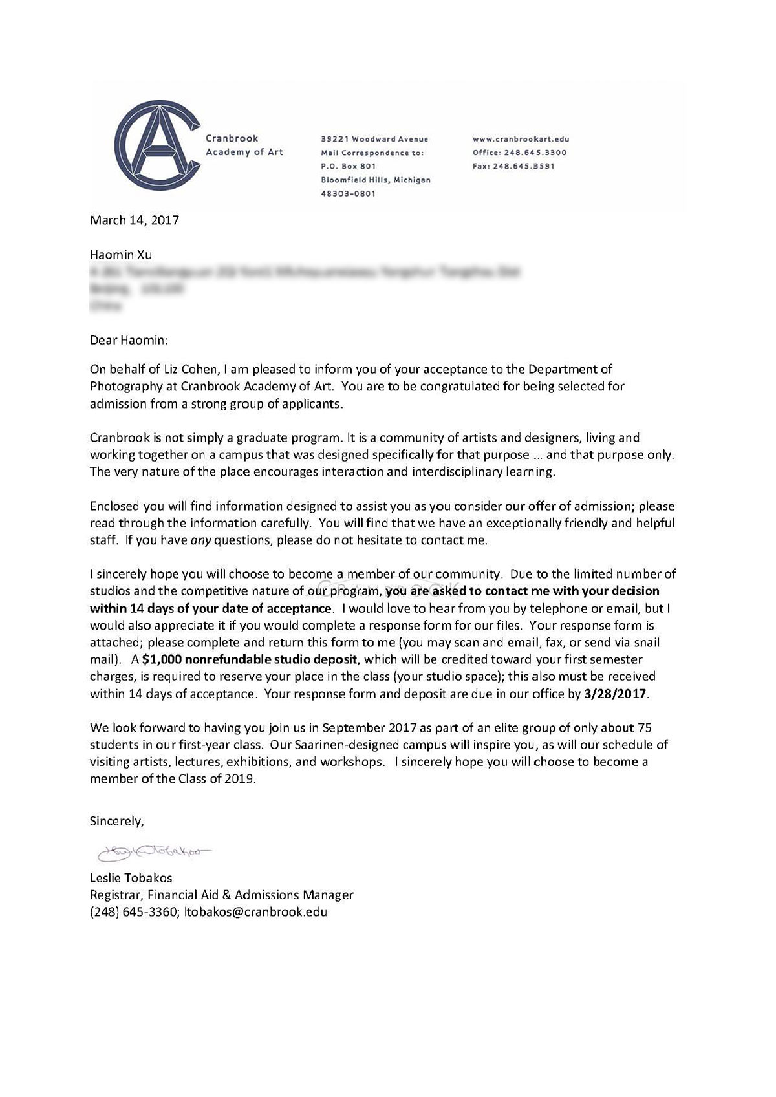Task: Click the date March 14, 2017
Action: [x=135, y=220]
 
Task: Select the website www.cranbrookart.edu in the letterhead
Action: [x=521, y=139]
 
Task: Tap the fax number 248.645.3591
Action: [x=524, y=166]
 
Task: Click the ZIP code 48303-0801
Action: [x=348, y=194]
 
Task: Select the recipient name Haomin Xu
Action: [x=121, y=255]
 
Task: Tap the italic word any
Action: [x=200, y=540]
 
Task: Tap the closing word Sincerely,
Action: [x=116, y=821]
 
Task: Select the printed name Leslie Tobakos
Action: [x=131, y=879]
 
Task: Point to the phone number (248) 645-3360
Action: [x=133, y=913]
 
